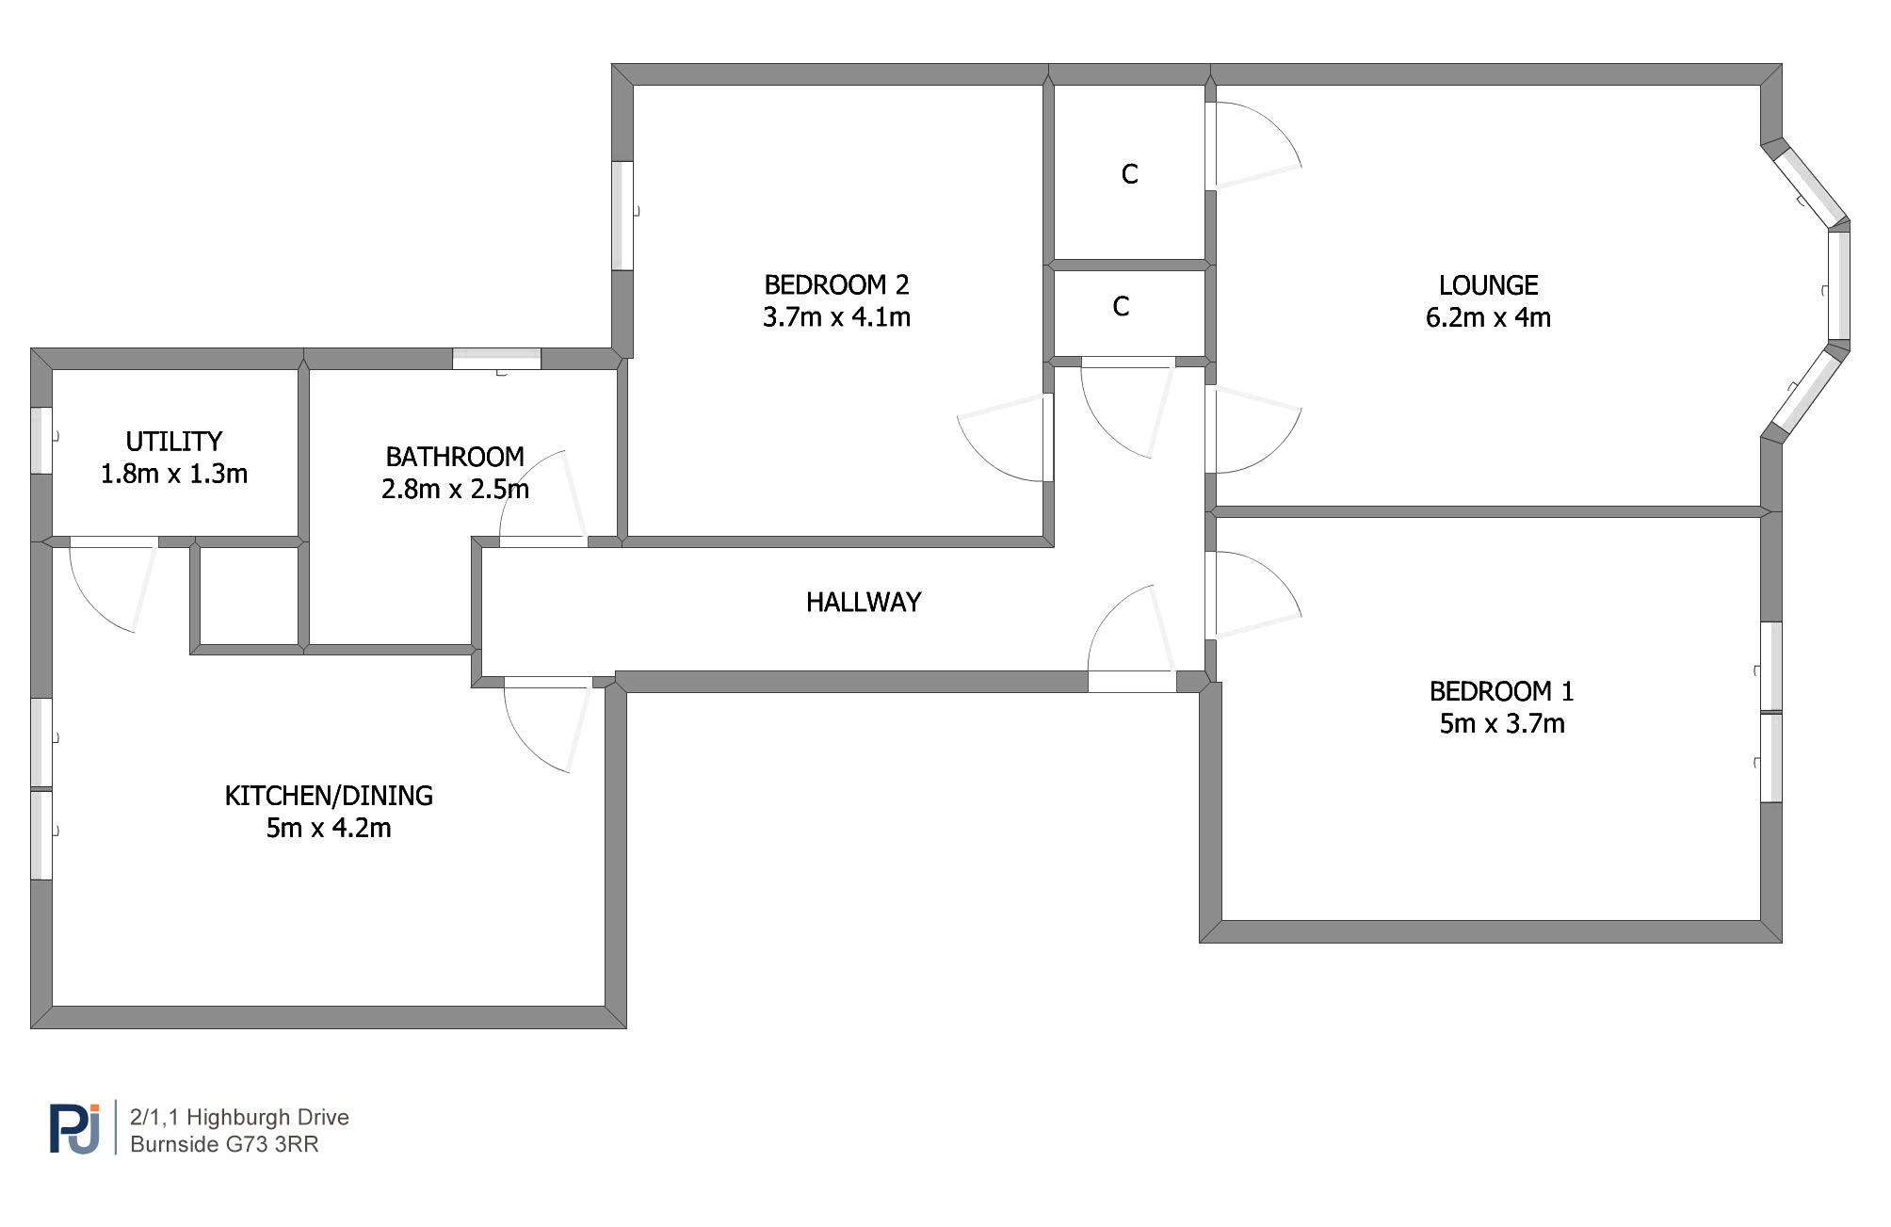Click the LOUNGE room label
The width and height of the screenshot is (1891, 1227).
(x=1488, y=285)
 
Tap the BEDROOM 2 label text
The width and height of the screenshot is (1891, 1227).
(x=836, y=284)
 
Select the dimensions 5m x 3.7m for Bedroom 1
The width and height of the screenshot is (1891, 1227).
(x=1502, y=723)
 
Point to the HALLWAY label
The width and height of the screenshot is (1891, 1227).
(x=864, y=603)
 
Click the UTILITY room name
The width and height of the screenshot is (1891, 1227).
(x=174, y=442)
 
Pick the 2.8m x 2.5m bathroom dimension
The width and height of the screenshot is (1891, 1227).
(x=455, y=489)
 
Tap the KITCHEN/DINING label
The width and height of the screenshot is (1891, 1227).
(x=329, y=796)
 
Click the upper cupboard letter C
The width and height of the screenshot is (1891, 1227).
(x=1130, y=174)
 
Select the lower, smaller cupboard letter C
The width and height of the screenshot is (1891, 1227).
(x=1121, y=307)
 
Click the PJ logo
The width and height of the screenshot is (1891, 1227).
(x=75, y=1128)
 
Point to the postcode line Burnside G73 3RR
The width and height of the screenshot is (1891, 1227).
(x=224, y=1144)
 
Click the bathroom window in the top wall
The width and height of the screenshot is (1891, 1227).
(x=496, y=359)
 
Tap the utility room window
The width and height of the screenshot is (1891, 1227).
(x=41, y=440)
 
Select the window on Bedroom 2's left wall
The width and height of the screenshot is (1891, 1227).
(x=622, y=216)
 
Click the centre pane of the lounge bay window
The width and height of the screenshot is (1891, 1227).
(x=1839, y=284)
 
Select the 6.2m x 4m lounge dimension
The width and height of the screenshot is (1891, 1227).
(x=1488, y=317)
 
